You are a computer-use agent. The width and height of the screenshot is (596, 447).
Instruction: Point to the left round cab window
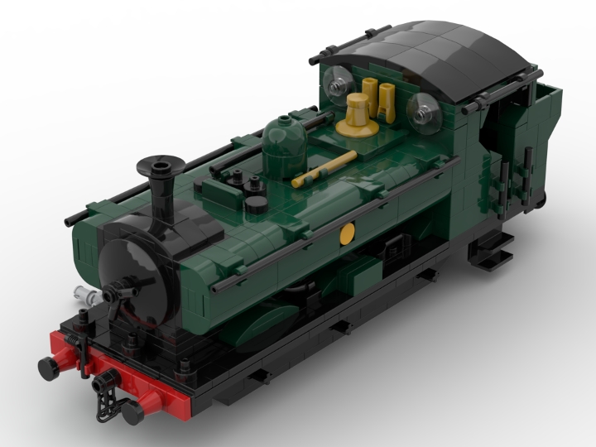338,84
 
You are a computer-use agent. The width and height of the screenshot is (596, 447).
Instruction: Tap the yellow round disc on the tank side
348,234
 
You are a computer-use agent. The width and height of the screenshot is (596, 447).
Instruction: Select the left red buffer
52,363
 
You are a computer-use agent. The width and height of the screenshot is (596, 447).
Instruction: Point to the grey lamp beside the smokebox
84,292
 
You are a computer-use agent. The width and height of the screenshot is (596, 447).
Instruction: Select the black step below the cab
488,252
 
